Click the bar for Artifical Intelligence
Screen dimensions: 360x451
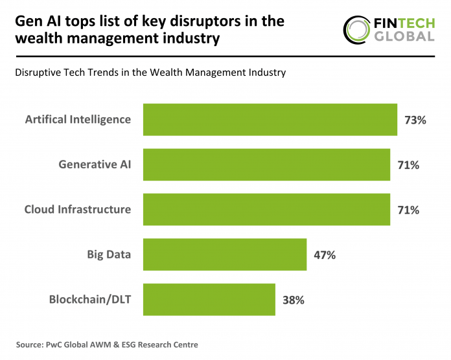tap(270, 120)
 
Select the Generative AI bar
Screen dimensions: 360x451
tap(266, 164)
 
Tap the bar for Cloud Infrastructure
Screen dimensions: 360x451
tap(266, 210)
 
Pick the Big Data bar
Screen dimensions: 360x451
tap(224, 254)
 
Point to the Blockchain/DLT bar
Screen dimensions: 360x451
tap(209, 299)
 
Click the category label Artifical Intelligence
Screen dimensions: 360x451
tap(78, 120)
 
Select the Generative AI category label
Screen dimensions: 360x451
tap(95, 164)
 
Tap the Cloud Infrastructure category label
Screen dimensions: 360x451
tap(78, 210)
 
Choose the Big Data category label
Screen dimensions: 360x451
tap(109, 254)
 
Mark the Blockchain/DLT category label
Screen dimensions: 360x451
tap(90, 299)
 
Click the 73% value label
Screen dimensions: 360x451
tap(415, 120)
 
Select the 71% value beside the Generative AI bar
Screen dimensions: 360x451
tap(408, 165)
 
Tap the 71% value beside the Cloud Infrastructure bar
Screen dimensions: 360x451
tap(408, 210)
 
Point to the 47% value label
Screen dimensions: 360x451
tap(323, 255)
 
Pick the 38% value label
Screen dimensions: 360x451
tap(293, 300)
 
